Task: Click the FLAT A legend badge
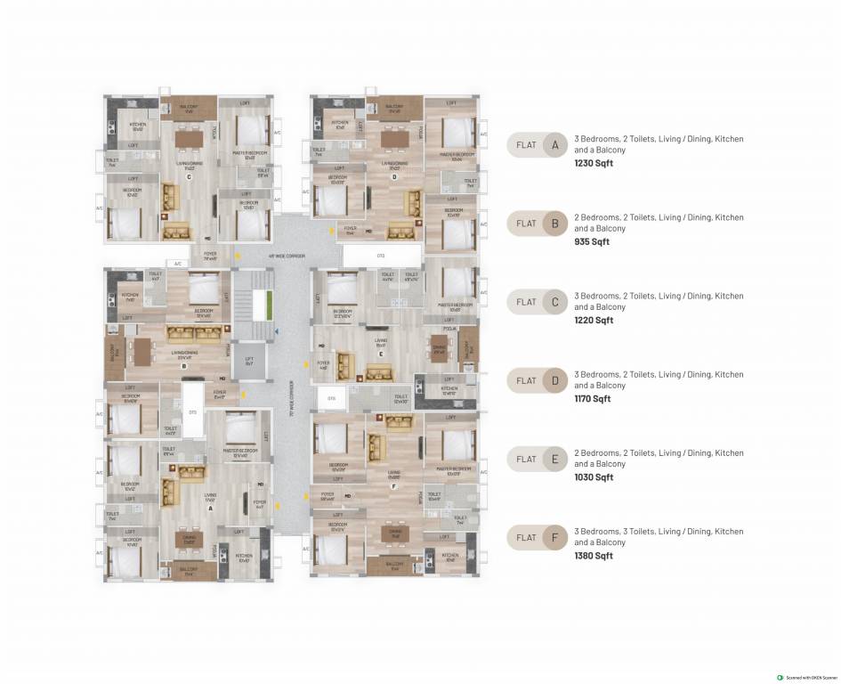pyautogui.click(x=538, y=145)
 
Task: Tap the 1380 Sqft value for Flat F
pyautogui.click(x=594, y=556)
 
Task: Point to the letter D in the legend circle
pyautogui.click(x=554, y=381)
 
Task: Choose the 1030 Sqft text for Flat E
pyautogui.click(x=594, y=477)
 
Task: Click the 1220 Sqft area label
pyautogui.click(x=594, y=321)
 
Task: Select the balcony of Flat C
pyautogui.click(x=188, y=106)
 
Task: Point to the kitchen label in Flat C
pyautogui.click(x=138, y=125)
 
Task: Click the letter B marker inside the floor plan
pyautogui.click(x=182, y=365)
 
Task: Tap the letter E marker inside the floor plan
pyautogui.click(x=380, y=354)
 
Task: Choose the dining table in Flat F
pyautogui.click(x=395, y=533)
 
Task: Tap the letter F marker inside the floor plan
pyautogui.click(x=393, y=487)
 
